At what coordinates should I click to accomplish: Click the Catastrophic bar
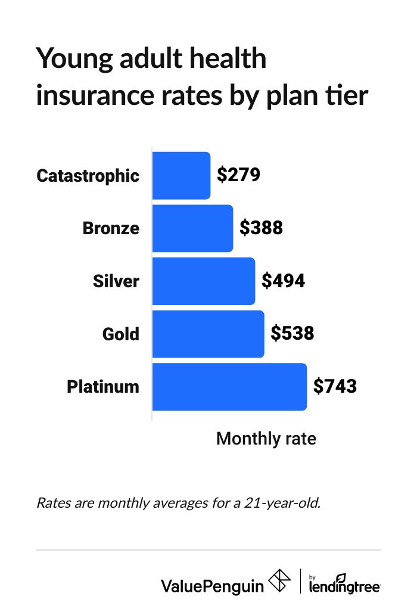[181, 176]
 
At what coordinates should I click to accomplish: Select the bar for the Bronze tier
[192, 228]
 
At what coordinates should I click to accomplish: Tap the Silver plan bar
[204, 281]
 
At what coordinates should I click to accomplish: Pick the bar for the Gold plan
[208, 334]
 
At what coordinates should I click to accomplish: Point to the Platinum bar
[229, 387]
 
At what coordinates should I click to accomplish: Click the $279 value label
[238, 175]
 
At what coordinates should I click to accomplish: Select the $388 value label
[261, 228]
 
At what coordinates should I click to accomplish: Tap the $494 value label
[284, 281]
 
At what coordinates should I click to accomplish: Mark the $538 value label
[292, 333]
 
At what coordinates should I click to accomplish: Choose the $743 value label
[335, 386]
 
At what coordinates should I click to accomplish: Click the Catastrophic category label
[88, 176]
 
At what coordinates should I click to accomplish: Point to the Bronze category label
[111, 228]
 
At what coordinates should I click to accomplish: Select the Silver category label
[116, 281]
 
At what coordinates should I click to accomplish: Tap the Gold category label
[121, 334]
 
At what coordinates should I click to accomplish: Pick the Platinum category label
[103, 387]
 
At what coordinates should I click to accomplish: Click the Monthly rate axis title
[266, 439]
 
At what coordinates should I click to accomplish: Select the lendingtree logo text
[345, 586]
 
